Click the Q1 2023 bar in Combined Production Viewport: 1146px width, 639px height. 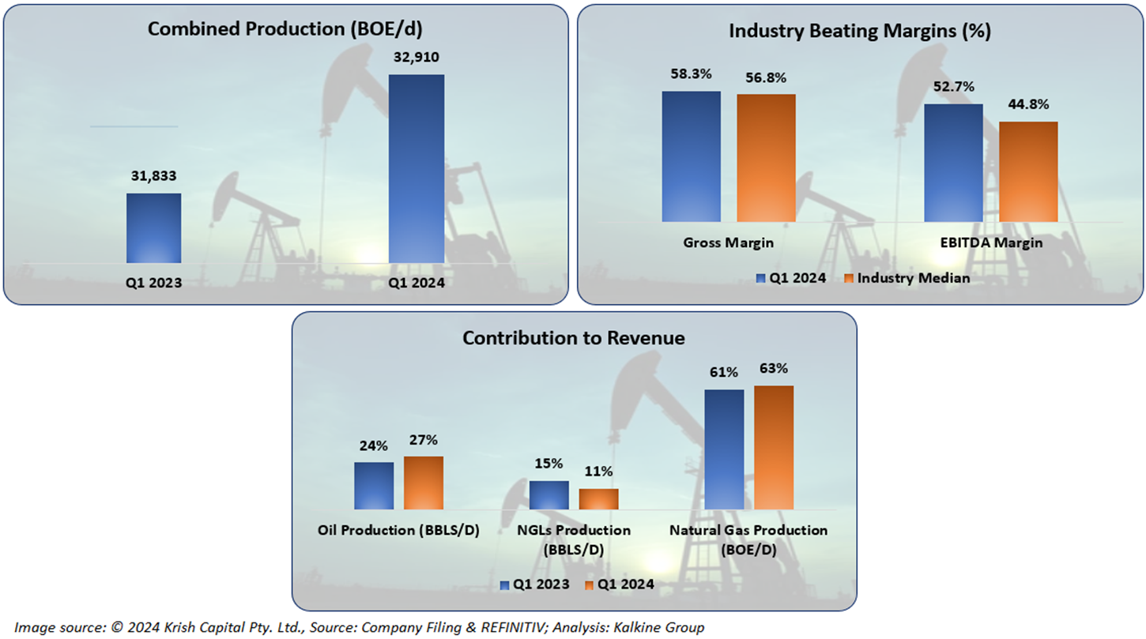coord(153,227)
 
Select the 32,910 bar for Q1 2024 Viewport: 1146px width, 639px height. coord(417,168)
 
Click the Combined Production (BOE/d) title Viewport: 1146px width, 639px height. coord(286,29)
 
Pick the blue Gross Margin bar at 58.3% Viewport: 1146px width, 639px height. coord(692,156)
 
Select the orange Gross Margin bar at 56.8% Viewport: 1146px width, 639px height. coord(766,158)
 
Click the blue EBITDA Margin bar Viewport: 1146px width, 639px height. coord(953,163)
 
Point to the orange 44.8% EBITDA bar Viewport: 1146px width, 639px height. coord(1028,171)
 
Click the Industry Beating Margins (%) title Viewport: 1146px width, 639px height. coord(860,31)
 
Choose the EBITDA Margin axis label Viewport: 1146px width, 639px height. coord(991,243)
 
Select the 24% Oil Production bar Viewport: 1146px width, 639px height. coord(374,486)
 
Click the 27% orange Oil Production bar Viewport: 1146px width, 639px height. coord(424,483)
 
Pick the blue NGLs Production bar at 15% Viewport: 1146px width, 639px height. coord(548,495)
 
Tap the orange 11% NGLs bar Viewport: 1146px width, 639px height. coord(598,499)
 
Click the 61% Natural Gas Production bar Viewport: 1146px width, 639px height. coord(724,449)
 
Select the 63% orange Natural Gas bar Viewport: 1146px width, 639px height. coord(774,448)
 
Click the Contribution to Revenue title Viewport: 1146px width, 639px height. coord(574,338)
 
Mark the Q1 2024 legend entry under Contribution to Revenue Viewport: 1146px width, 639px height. coord(620,584)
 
